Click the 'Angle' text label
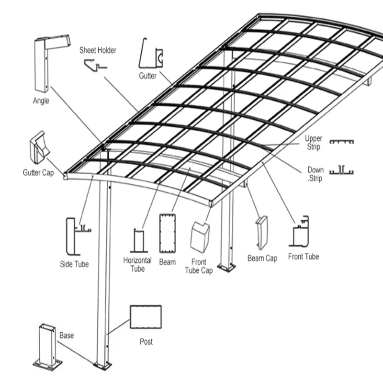coord(41,101)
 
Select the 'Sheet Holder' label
coord(98,50)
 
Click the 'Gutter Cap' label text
coord(38,172)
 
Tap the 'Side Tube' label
coord(74,264)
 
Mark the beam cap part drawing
coord(262,233)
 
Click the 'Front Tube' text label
coord(304,257)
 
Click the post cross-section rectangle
coord(146,317)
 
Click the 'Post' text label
coord(146,342)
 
